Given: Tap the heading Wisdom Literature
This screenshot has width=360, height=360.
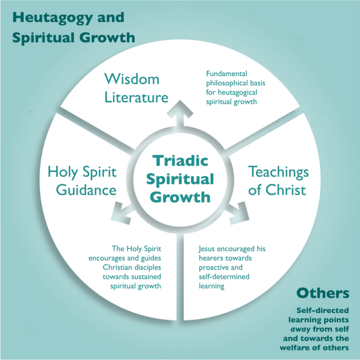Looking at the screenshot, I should (136, 88).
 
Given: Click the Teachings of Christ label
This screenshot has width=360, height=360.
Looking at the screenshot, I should (278, 180).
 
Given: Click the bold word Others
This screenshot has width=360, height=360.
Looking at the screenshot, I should (323, 293).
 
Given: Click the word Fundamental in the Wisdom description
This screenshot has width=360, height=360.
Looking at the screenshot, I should (227, 74).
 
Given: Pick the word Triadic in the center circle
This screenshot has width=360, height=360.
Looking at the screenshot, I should (180, 160).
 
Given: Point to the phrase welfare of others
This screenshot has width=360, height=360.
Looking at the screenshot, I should (323, 348).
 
